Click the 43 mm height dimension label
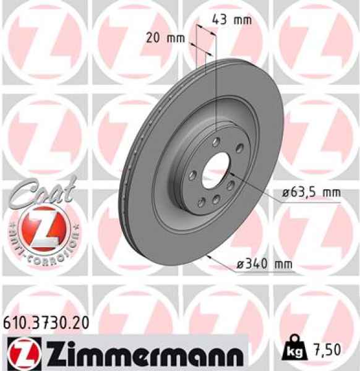(x=231, y=19)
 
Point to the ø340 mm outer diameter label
(x=265, y=265)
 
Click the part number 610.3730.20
(x=45, y=322)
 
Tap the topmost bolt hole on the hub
(x=214, y=142)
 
